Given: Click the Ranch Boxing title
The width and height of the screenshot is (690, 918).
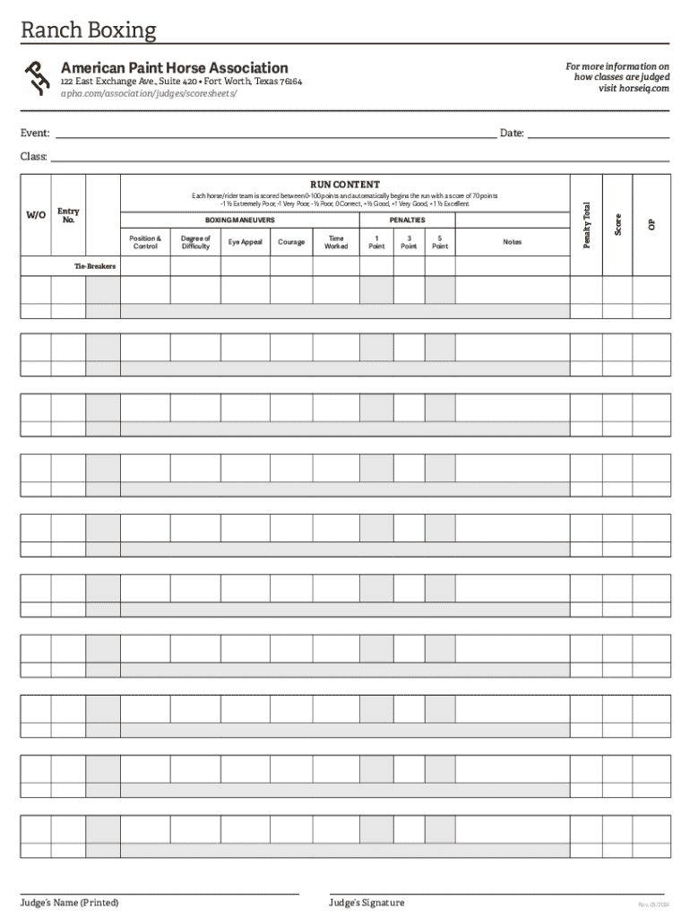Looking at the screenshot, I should pos(89,30).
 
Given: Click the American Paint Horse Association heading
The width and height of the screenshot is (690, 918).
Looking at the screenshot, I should pos(174,68).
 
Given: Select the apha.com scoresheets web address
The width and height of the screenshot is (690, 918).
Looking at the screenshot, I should pos(149,93).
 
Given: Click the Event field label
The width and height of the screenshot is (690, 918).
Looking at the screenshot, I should pos(35,134).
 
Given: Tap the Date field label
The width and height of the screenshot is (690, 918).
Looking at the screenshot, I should pos(512,134).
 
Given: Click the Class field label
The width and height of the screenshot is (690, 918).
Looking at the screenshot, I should pos(34,157).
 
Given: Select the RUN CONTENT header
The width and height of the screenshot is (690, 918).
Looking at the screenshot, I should pos(345,185).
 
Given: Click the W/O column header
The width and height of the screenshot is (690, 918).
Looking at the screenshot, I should pos(36,215).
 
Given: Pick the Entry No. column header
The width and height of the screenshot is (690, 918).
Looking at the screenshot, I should pos(68,215).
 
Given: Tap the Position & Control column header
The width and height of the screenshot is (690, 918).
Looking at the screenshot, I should pos(145,242).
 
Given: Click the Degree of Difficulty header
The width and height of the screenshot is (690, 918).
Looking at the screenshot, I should pos(195,242).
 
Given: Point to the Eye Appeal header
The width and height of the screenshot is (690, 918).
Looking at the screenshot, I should pos(246,242).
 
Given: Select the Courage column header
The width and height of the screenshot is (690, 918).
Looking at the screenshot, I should pos(291,242).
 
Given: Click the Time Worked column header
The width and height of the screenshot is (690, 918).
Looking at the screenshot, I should pos(336,242).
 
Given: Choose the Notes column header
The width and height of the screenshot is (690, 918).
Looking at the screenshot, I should pos(512,242).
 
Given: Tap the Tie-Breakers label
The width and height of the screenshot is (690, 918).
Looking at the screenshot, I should pos(95,266).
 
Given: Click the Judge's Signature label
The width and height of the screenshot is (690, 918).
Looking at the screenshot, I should pos(367,903).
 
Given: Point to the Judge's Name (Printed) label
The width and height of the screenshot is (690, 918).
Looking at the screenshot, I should pos(70,902).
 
